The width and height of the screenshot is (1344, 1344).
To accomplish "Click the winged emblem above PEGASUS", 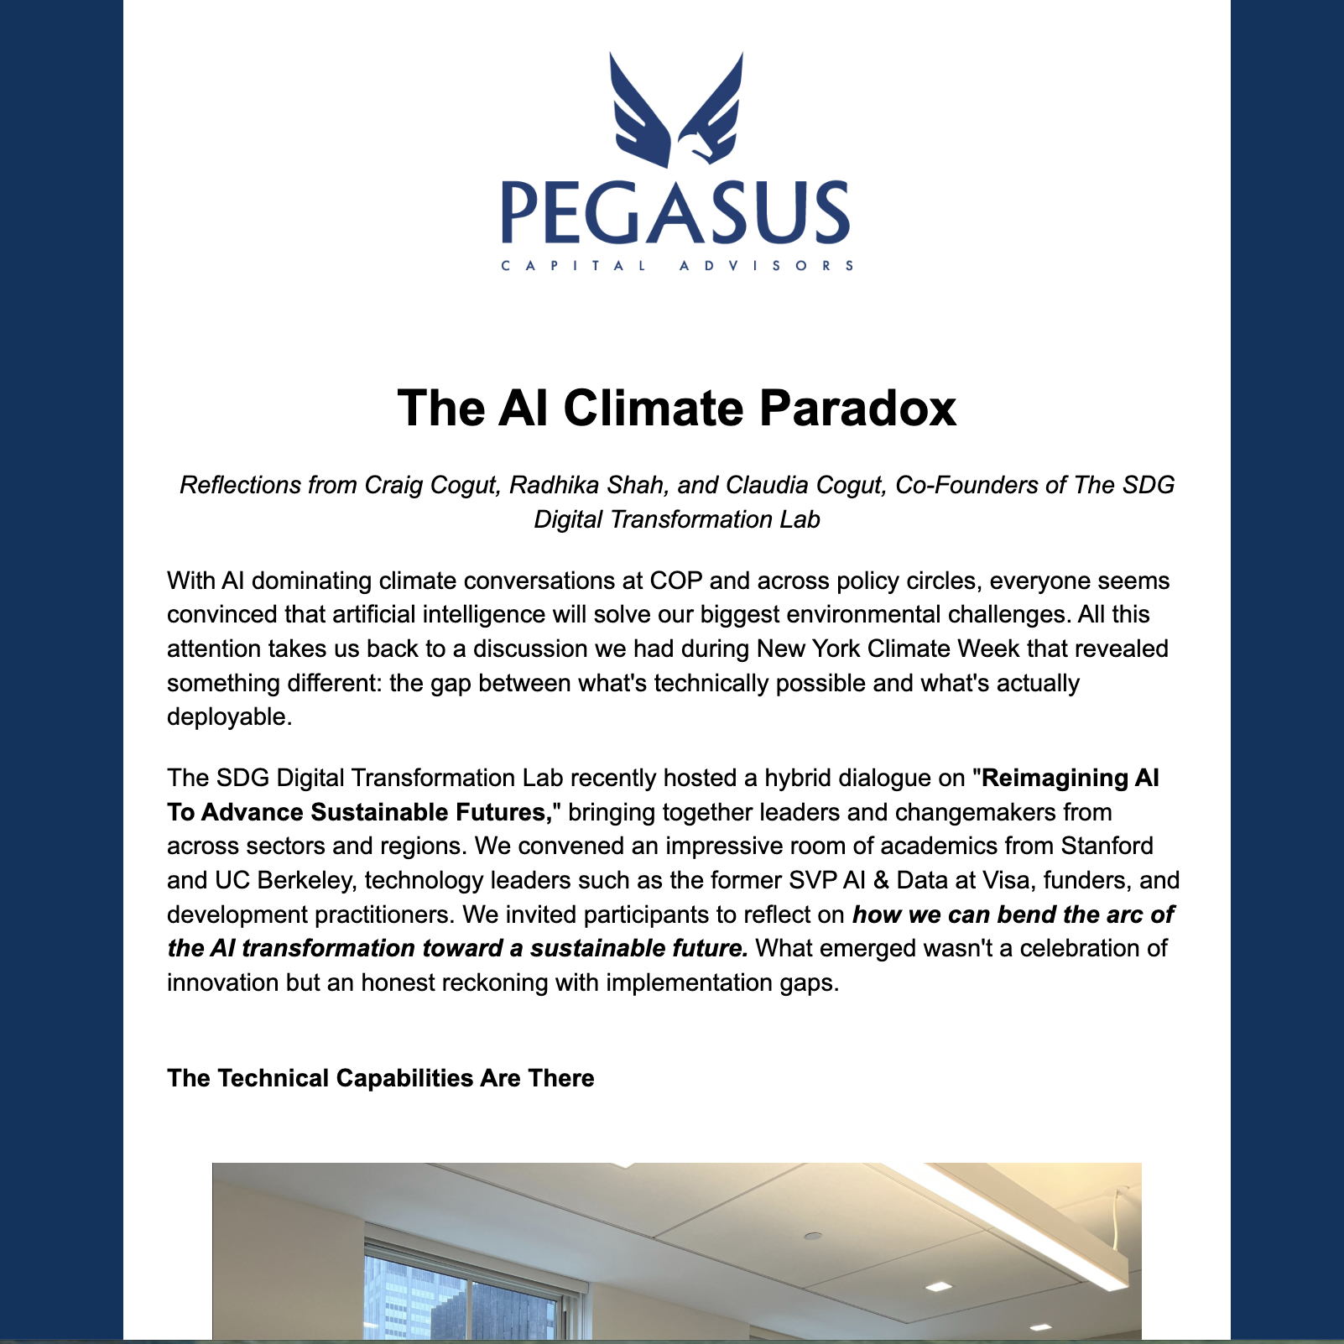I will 676,109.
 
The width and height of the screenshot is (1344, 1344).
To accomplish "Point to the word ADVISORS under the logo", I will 766,266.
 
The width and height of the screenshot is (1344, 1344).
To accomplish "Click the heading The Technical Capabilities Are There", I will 380,1078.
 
